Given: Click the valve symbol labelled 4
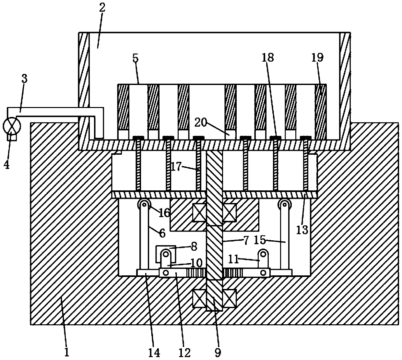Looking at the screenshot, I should (x=12, y=125).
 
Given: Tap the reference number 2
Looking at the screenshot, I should (x=102, y=8).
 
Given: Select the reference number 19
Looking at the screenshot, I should (x=317, y=58).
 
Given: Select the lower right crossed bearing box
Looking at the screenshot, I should (x=229, y=298).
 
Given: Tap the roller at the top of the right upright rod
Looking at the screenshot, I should (x=284, y=205).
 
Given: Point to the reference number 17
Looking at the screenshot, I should (x=177, y=167).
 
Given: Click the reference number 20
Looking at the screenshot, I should (x=201, y=122).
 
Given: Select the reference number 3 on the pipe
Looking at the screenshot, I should (x=24, y=78).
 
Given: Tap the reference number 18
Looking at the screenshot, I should (x=268, y=58).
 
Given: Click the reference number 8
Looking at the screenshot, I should (x=194, y=246).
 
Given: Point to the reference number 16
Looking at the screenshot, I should (x=164, y=213).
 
